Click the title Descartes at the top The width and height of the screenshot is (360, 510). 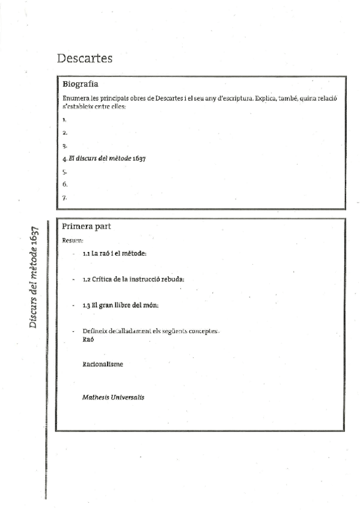tap(85, 58)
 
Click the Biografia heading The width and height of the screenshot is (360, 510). tap(81, 84)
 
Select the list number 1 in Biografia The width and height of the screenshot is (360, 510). tap(64, 120)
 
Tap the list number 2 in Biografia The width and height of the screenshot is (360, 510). tap(64, 132)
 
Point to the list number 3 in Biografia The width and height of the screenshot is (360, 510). tap(64, 146)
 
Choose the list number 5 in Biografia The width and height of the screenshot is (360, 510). tap(64, 171)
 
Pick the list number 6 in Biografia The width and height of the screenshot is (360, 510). tap(64, 184)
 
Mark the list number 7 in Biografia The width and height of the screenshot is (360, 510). tap(64, 197)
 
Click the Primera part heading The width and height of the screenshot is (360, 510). tap(86, 227)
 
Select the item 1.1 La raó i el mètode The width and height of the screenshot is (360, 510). tap(114, 254)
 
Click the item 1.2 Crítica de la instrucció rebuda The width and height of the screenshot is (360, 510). tap(133, 280)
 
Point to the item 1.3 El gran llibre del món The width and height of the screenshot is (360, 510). tap(120, 306)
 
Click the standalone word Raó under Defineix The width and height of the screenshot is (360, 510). tap(88, 339)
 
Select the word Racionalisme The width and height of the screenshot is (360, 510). tap(102, 364)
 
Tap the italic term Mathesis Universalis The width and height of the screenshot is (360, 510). tap(113, 397)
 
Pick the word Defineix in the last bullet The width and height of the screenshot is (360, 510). tap(96, 332)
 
